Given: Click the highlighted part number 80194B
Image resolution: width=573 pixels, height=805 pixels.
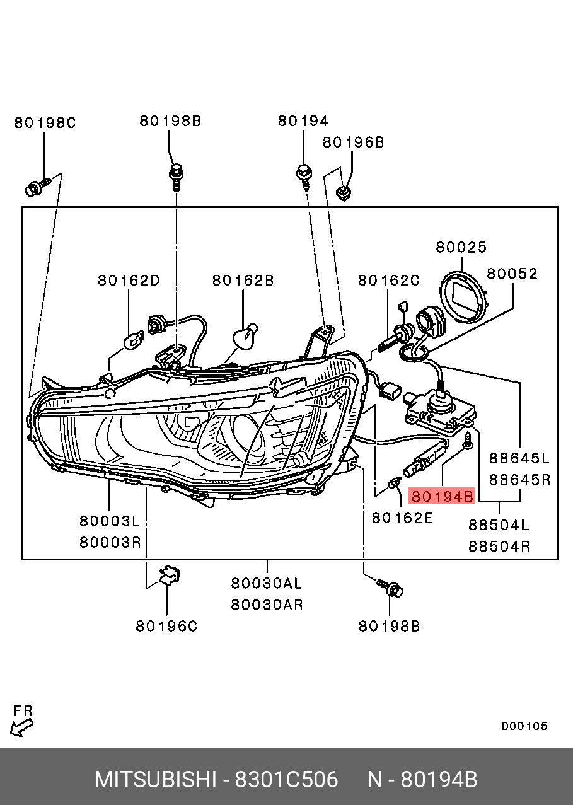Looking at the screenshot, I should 442,497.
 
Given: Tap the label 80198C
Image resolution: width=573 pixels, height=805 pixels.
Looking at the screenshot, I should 45,123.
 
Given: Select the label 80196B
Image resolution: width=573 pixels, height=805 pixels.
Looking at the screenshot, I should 353,142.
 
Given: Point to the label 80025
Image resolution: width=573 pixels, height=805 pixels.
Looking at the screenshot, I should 461,248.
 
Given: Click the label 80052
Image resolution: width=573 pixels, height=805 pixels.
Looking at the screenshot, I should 512,274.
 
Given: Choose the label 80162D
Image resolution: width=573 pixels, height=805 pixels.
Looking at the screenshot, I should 129,280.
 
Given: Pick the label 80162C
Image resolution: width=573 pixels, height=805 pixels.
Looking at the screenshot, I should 389,280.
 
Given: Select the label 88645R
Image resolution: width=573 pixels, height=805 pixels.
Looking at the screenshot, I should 520,480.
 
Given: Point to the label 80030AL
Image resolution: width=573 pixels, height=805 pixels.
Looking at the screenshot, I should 267,583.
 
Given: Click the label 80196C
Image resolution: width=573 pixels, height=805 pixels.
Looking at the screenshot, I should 166,626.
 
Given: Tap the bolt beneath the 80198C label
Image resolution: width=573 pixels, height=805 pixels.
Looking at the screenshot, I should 38,187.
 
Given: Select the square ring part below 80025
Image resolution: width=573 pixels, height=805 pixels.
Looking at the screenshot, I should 466,294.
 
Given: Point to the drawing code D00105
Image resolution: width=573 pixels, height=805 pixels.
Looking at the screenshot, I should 524,726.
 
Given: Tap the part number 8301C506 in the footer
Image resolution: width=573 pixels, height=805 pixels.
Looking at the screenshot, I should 286,780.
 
